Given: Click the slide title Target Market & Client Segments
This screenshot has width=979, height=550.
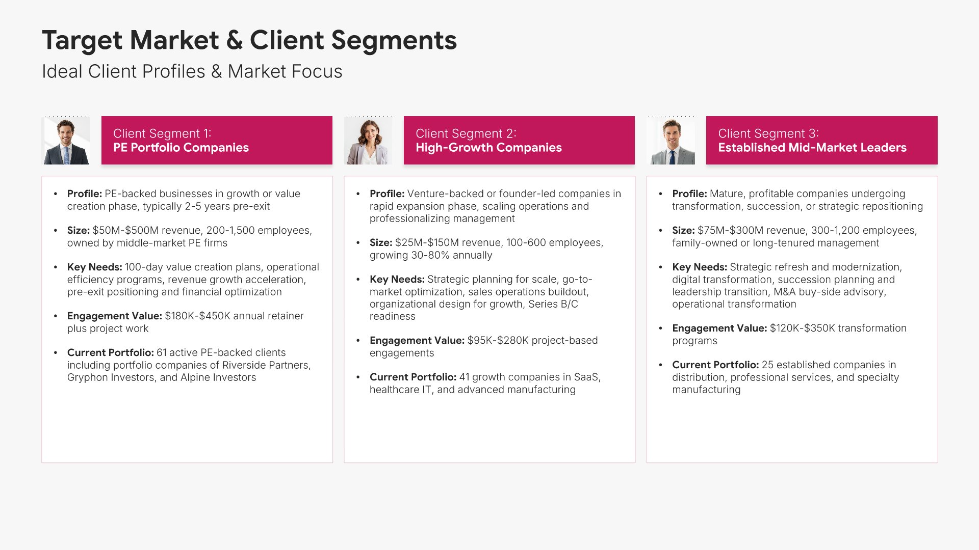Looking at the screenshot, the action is coord(249,40).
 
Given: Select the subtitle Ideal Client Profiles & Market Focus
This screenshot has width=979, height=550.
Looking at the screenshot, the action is coord(192,71).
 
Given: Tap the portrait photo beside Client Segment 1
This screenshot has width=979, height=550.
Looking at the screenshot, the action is coord(66,141).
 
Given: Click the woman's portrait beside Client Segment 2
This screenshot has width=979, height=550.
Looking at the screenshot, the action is coord(368,141).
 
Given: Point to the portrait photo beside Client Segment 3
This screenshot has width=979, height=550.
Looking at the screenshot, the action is coord(671,141).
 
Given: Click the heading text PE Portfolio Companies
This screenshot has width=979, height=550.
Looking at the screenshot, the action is coord(181,148).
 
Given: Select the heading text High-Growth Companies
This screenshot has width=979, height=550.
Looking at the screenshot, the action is coord(488,148).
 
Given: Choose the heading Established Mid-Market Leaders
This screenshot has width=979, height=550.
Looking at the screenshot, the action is coord(812,148).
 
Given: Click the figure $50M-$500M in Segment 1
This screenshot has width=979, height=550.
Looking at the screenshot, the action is coord(125,230).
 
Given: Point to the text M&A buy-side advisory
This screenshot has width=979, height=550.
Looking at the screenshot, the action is coord(830,292).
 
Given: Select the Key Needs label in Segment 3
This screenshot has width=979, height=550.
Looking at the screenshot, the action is coord(700,267).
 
